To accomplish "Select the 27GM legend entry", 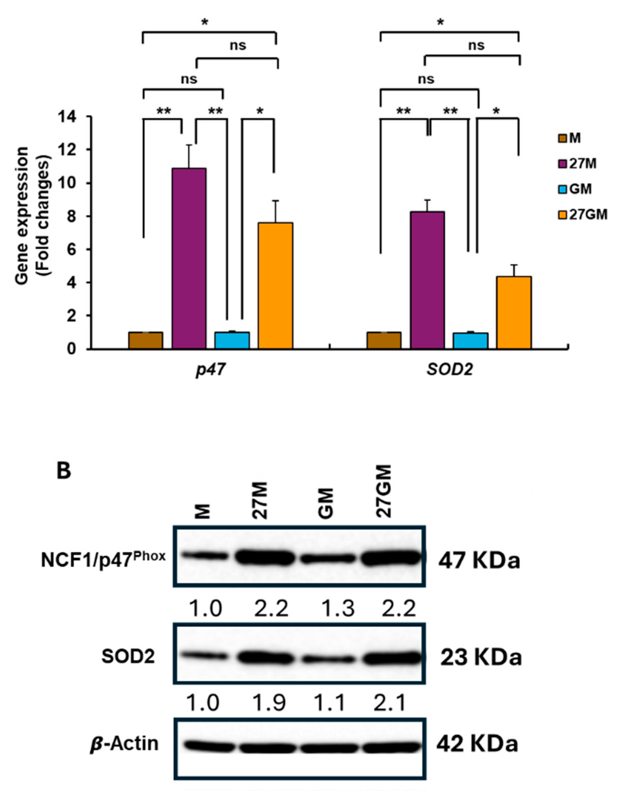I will pos(582,215).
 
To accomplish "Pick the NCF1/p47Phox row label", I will pos(103,559).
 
